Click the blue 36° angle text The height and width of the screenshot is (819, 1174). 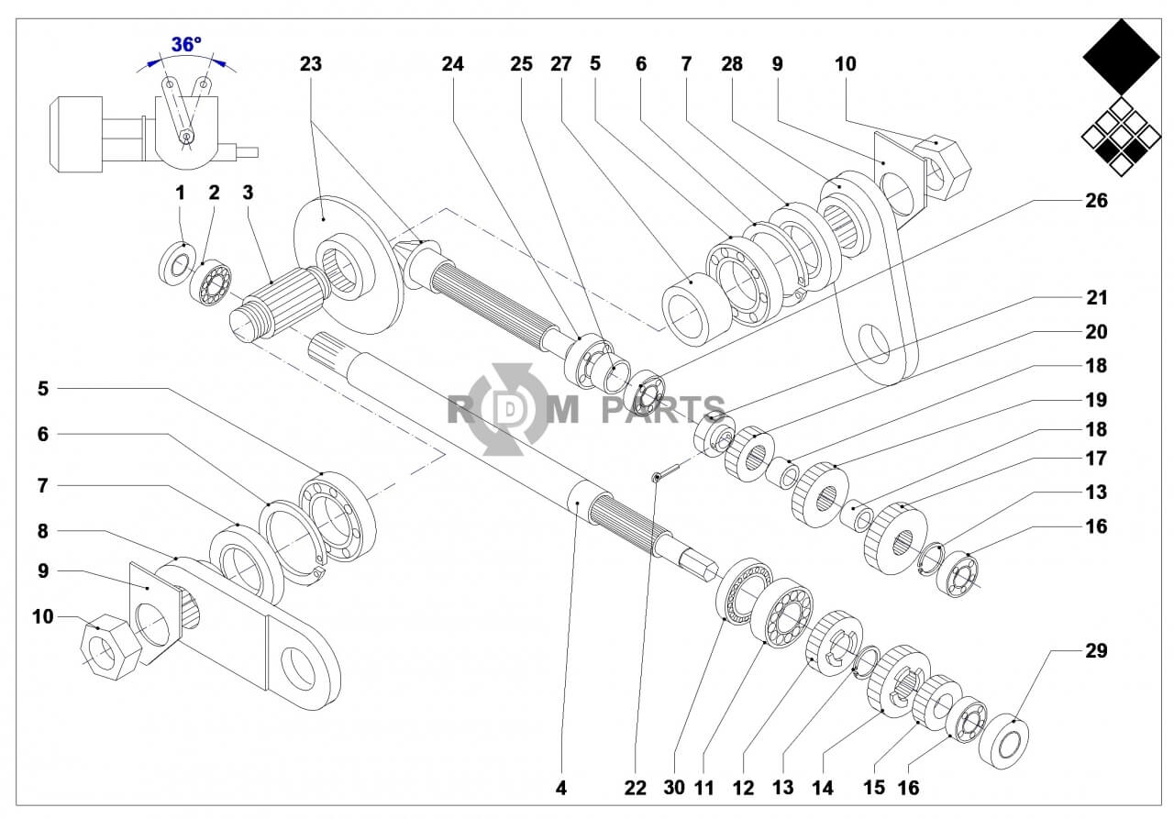click(x=186, y=44)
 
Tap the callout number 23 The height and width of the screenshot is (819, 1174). click(x=311, y=64)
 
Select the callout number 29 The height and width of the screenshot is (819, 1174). click(x=1096, y=651)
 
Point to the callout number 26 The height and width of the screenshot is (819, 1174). click(x=1096, y=200)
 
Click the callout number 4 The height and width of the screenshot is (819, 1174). click(x=561, y=787)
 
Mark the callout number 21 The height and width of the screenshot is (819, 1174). click(x=1096, y=298)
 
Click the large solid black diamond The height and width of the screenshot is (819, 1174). click(x=1121, y=57)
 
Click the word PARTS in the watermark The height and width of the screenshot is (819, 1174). click(x=662, y=409)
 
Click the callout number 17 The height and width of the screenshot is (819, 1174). click(x=1096, y=459)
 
